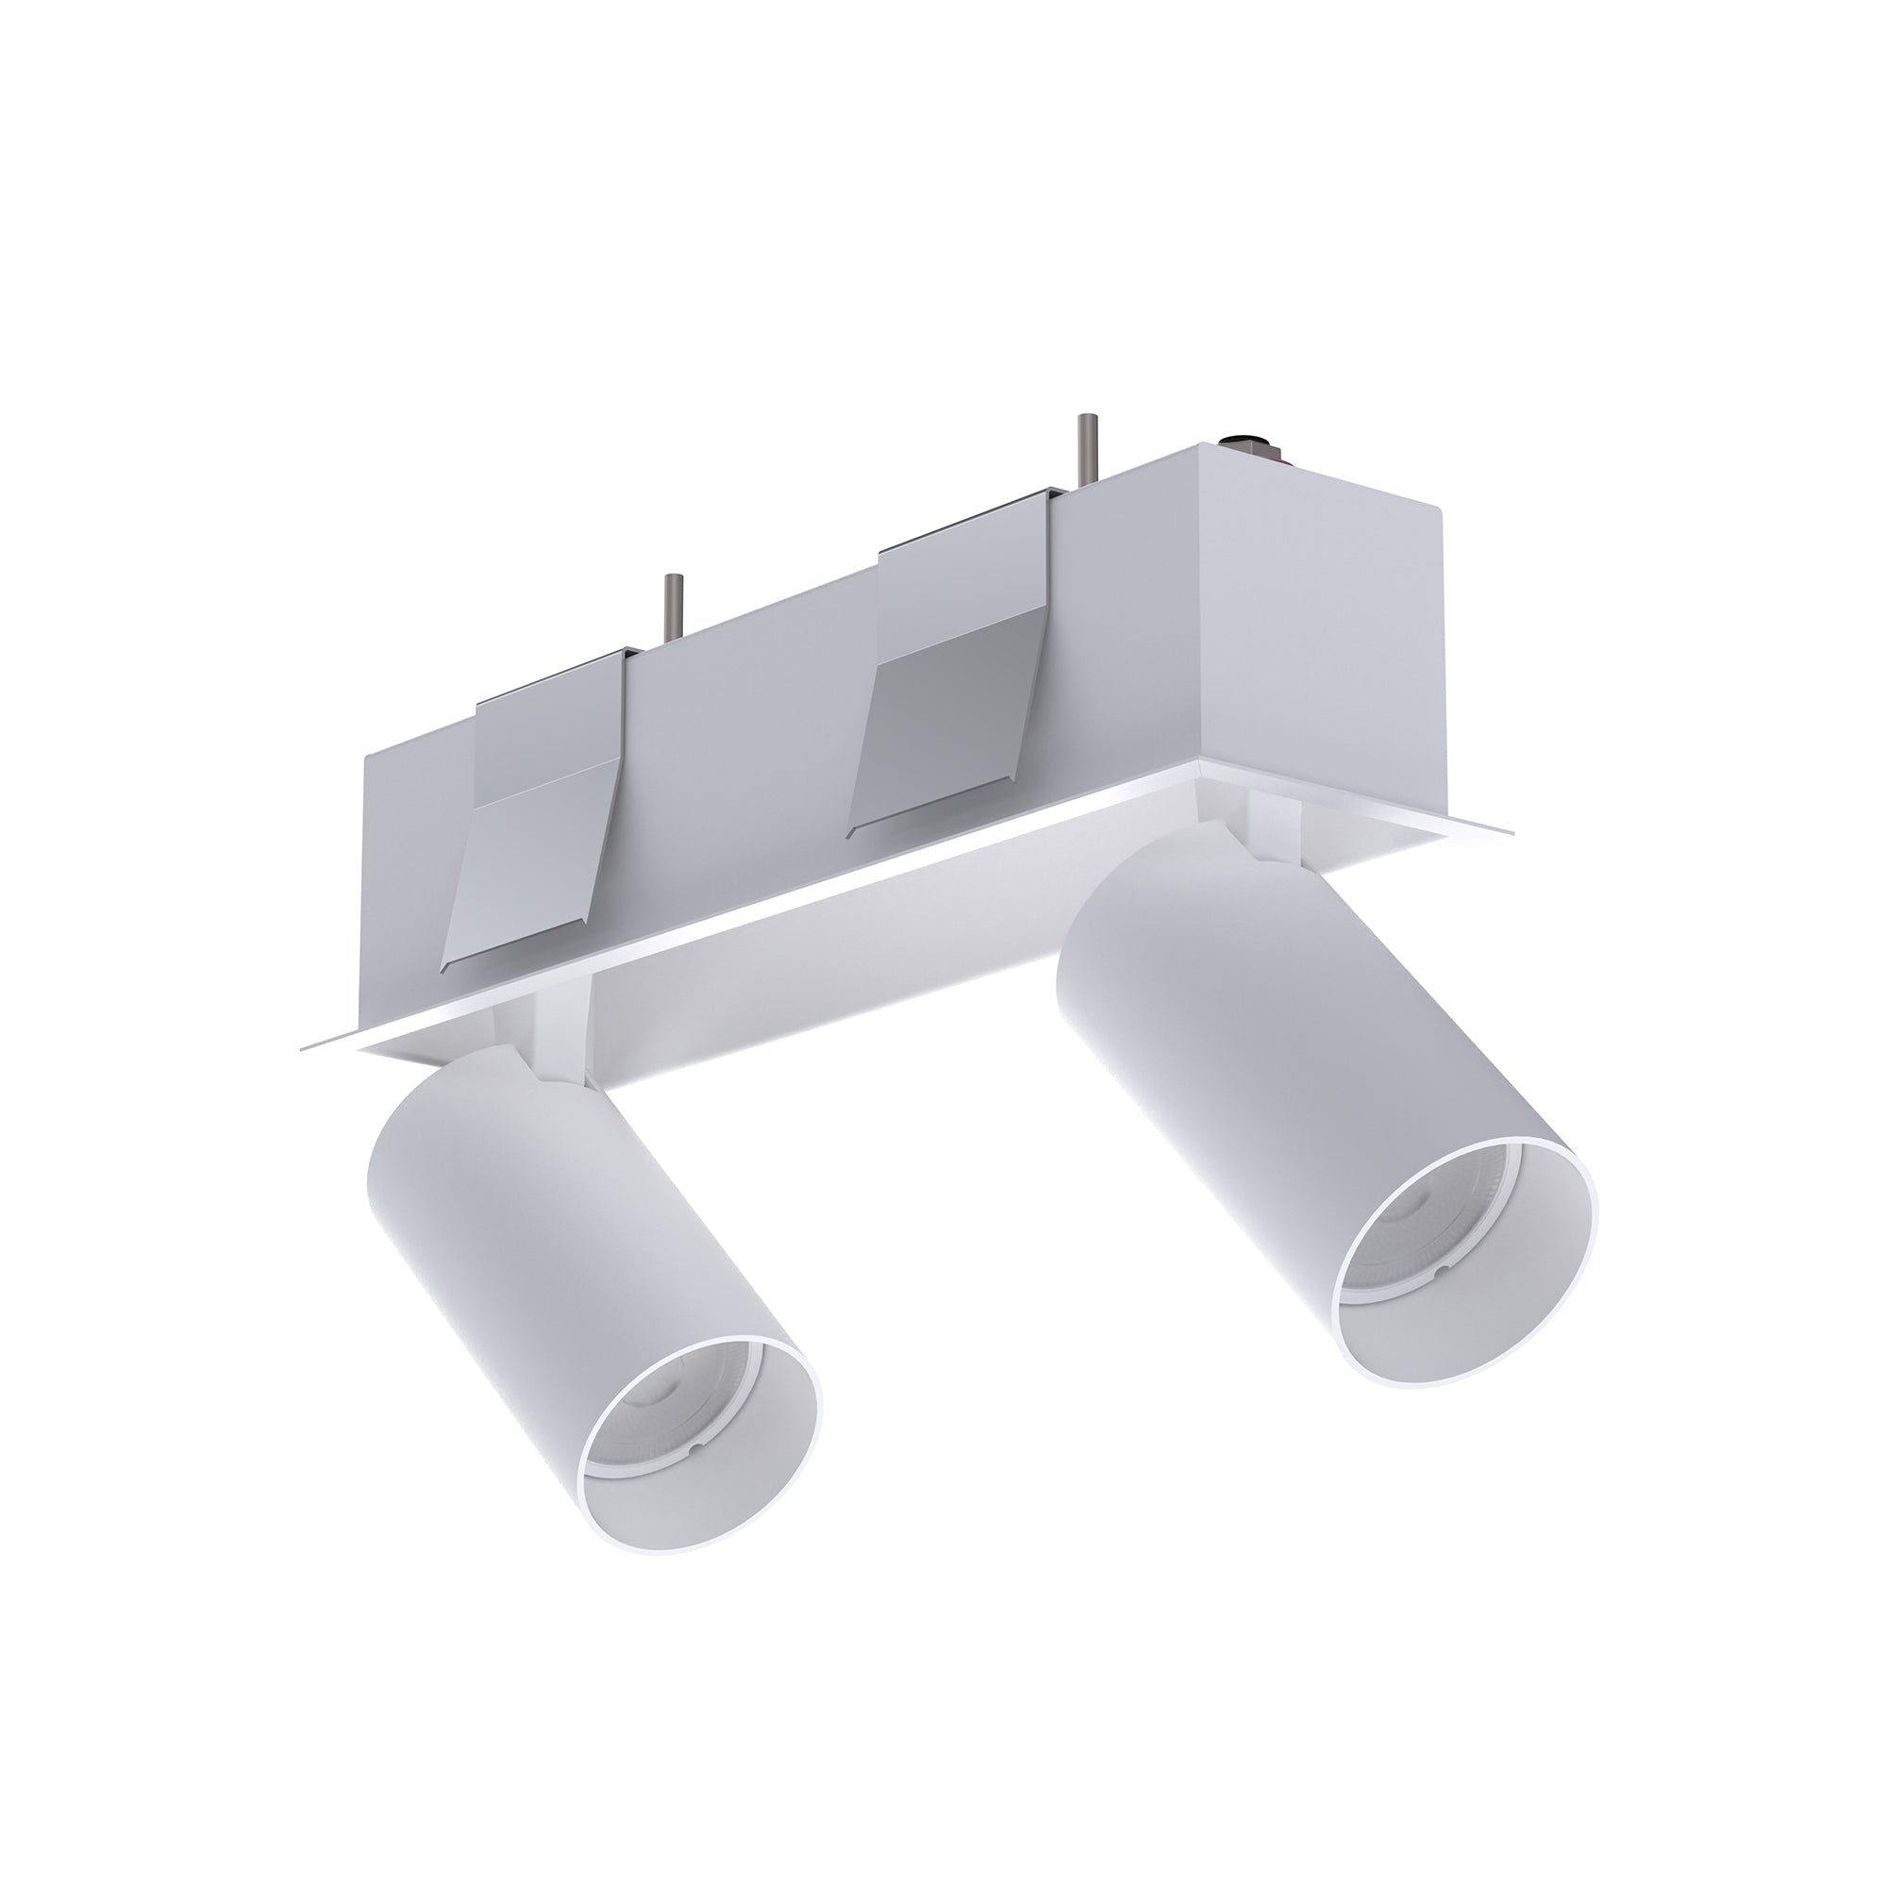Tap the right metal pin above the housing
click(x=1084, y=450)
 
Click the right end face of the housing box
click(x=1328, y=644)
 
